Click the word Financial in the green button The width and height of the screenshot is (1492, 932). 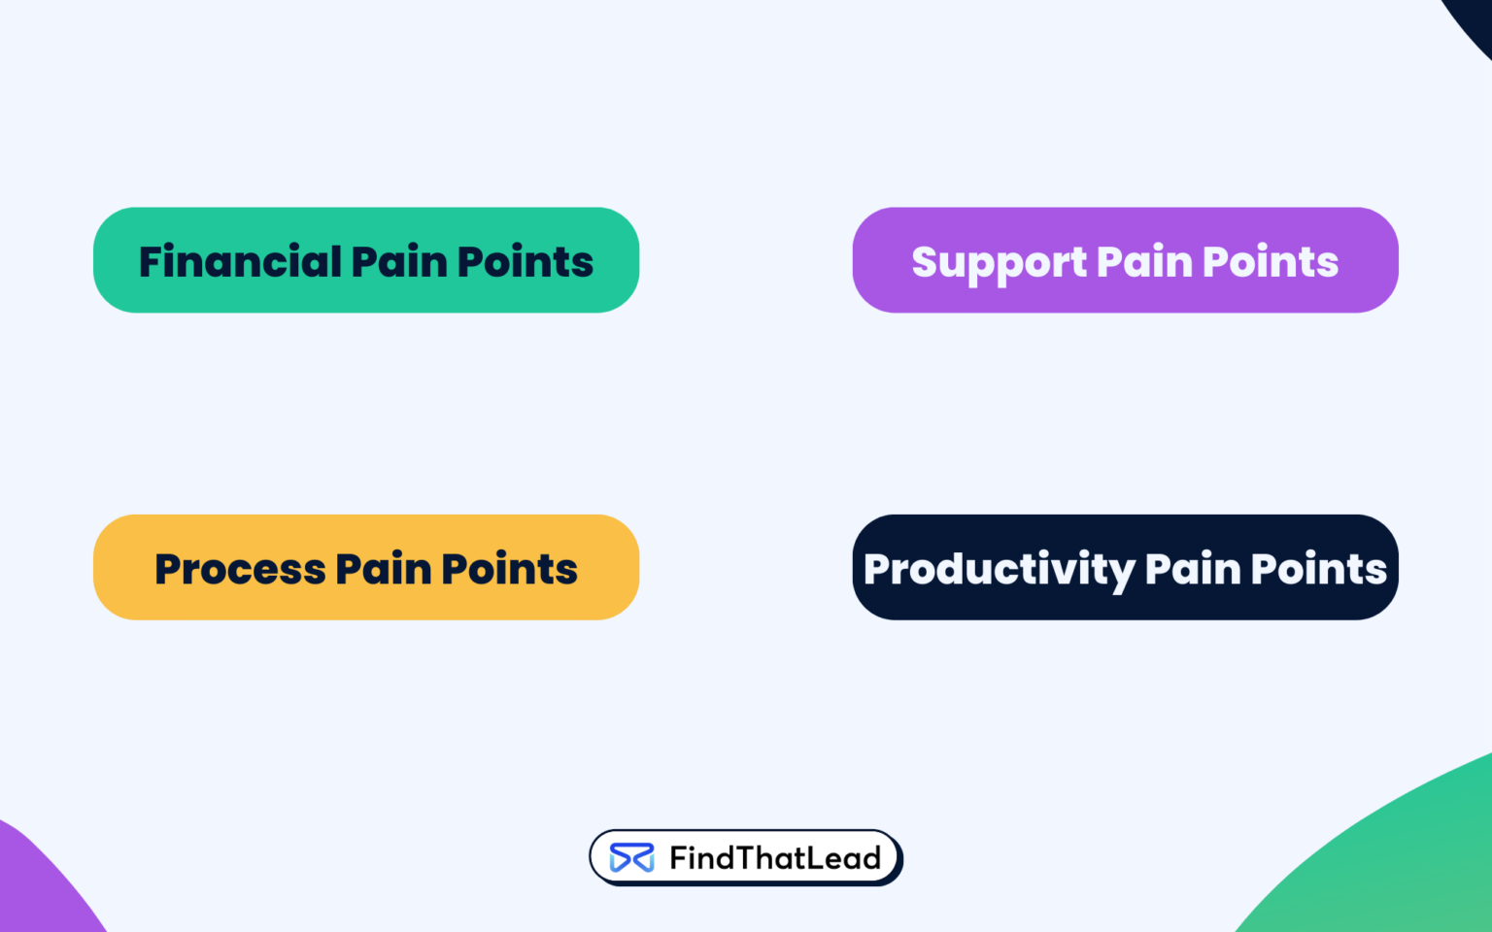pyautogui.click(x=240, y=262)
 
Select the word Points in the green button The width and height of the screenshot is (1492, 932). pyautogui.click(x=525, y=262)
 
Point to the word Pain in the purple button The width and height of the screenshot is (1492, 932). pyautogui.click(x=1144, y=262)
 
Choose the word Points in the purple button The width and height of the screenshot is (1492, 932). pyautogui.click(x=1271, y=262)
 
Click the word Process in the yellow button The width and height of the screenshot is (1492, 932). pyautogui.click(x=240, y=569)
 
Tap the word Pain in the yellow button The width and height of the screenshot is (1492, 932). pyautogui.click(x=383, y=569)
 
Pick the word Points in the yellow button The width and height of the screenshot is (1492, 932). pyautogui.click(x=509, y=569)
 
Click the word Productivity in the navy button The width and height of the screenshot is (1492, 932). pyautogui.click(x=999, y=570)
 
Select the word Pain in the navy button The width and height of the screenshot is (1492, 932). pyautogui.click(x=1193, y=569)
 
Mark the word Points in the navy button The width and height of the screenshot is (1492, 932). pyautogui.click(x=1319, y=569)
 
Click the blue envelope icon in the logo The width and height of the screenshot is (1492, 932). pyautogui.click(x=631, y=858)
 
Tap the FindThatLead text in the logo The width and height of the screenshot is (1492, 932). pyautogui.click(x=775, y=858)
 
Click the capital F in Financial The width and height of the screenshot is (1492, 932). pyautogui.click(x=152, y=262)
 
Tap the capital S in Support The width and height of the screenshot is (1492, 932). pyautogui.click(x=926, y=262)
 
